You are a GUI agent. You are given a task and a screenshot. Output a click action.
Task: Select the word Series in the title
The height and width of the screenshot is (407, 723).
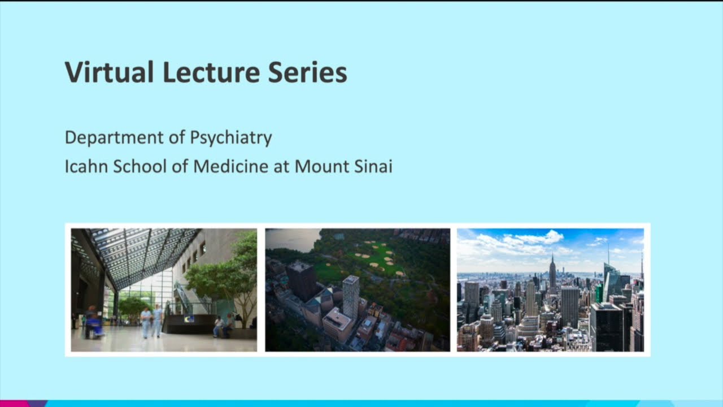[307, 73]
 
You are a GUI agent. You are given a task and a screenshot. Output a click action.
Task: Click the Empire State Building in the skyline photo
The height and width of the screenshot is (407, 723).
[552, 274]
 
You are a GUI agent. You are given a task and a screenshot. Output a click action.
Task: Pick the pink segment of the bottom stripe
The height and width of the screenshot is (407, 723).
[14, 404]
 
